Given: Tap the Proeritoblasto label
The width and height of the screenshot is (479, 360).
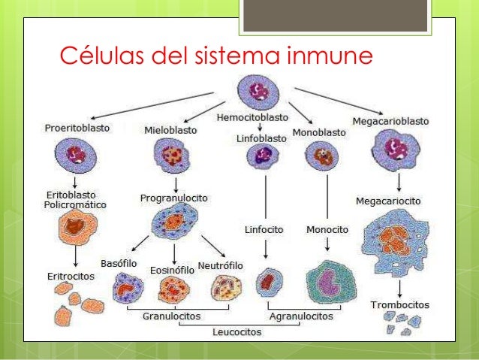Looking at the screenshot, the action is tap(75, 128).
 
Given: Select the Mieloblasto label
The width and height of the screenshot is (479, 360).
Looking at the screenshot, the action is tap(170, 130).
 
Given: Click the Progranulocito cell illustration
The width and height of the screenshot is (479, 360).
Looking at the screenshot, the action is tap(174, 222).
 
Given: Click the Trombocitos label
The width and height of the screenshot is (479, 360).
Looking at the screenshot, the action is tap(400, 305).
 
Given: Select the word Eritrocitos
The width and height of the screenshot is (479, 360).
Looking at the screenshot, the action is tap(65, 276).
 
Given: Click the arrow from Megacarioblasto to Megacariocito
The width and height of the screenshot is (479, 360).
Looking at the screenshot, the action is tap(399, 182).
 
